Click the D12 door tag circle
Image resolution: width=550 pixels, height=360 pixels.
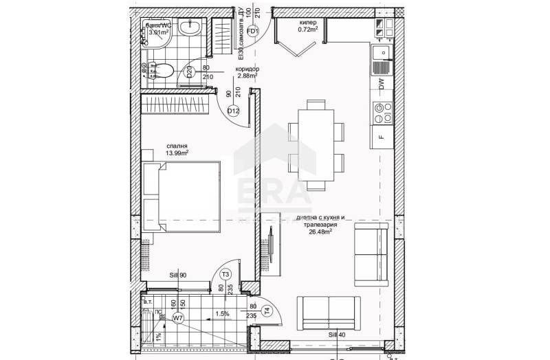click(x=233, y=111)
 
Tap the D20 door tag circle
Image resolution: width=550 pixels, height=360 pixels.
click(x=189, y=70)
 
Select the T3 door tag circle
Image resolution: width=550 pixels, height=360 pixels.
click(x=225, y=275)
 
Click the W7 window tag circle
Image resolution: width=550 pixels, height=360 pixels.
click(x=177, y=318)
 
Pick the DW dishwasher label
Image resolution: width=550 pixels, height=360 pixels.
click(x=381, y=83)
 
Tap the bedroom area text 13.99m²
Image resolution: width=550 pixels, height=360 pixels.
click(x=177, y=153)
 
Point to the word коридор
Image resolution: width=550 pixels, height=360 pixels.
click(x=246, y=69)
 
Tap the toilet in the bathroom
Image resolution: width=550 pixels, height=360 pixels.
click(x=162, y=69)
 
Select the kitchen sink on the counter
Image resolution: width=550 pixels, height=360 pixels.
click(x=380, y=53)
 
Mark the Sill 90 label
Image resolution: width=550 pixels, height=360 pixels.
click(x=178, y=275)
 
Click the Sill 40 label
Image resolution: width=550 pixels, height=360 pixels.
click(x=337, y=334)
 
